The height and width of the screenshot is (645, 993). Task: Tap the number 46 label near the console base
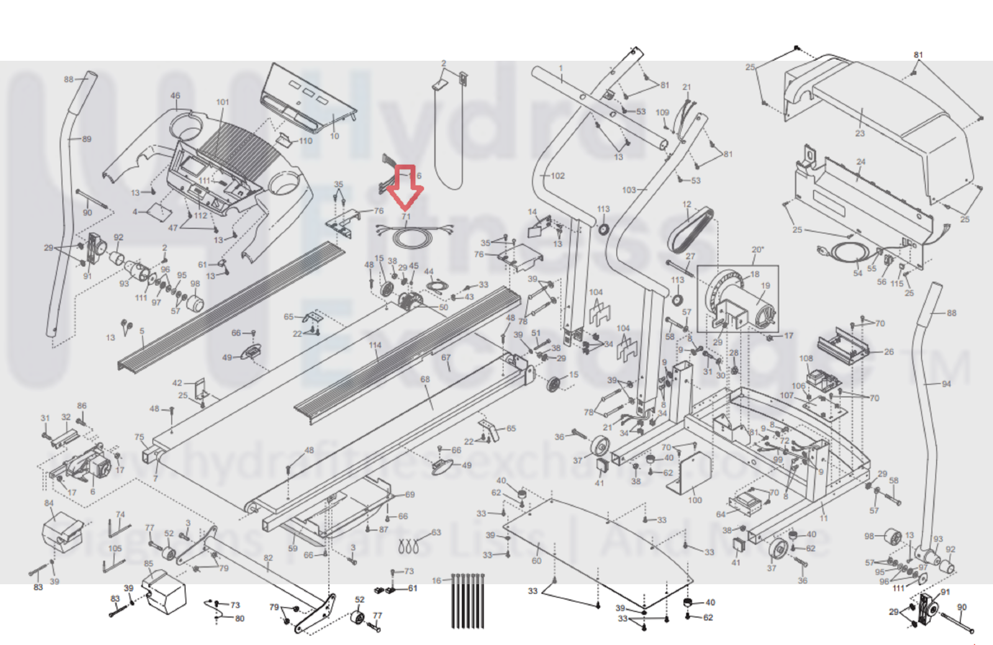pos(175,96)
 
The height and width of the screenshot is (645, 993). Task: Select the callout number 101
pos(222,102)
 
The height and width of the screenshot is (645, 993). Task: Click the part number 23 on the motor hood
pos(859,133)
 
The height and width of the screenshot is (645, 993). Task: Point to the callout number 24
pos(861,162)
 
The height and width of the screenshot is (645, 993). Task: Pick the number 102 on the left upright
pos(558,176)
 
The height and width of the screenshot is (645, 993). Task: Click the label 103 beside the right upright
pos(629,189)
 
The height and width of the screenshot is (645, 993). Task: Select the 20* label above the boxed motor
pos(757,250)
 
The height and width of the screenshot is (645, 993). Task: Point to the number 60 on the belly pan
pos(536,561)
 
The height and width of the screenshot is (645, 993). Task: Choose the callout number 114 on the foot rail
pos(374,345)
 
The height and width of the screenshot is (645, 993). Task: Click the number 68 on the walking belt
pos(425,379)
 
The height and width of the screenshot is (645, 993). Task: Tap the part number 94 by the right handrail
pos(946,384)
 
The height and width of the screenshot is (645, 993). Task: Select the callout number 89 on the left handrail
pos(86,139)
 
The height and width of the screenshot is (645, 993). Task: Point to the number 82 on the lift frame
pos(268,557)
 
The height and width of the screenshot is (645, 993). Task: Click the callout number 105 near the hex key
pos(115,548)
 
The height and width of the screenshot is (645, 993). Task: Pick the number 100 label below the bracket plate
pos(694,500)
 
